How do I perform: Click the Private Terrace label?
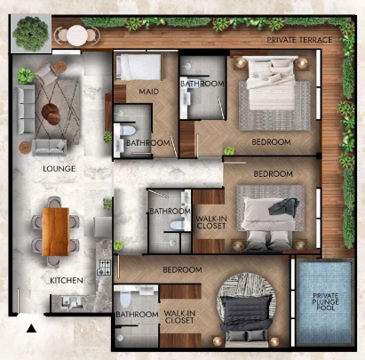(x=299, y=40)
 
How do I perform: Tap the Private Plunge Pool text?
(x=326, y=301)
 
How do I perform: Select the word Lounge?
(x=59, y=169)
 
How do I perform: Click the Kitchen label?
(x=67, y=280)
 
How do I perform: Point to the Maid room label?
(x=148, y=92)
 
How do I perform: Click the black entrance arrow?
(x=31, y=328)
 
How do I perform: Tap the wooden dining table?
(x=56, y=231)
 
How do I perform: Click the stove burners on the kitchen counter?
(x=104, y=267)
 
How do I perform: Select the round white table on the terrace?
(x=77, y=36)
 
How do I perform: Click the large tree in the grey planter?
(x=30, y=34)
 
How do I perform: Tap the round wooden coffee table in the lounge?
(x=52, y=114)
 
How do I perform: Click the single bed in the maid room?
(x=139, y=67)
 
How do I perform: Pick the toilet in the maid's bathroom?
(x=128, y=131)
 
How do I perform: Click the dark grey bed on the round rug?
(x=247, y=318)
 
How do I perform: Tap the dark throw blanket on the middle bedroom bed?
(x=284, y=206)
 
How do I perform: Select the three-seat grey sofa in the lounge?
(x=25, y=109)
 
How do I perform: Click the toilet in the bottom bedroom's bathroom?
(x=125, y=299)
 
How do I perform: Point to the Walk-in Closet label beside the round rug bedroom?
(x=179, y=316)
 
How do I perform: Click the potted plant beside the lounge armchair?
(x=26, y=76)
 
